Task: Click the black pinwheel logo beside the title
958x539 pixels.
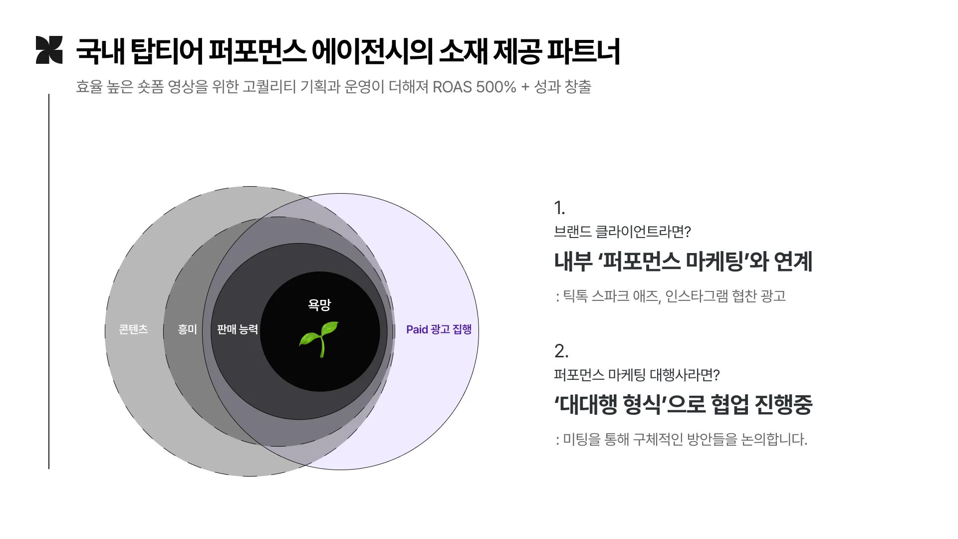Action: [x=49, y=50]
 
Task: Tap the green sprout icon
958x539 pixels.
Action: [x=319, y=338]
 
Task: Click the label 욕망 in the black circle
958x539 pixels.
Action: [x=319, y=304]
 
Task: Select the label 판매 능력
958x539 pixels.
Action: [x=238, y=329]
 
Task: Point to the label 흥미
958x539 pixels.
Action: [x=188, y=329]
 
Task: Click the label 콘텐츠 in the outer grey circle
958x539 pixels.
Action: [x=133, y=329]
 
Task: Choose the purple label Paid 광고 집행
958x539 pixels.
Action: [x=439, y=329]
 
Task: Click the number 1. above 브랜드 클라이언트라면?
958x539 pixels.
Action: [x=559, y=208]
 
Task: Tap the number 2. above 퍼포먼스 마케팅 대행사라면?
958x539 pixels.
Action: [x=561, y=351]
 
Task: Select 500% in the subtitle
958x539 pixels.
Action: [x=496, y=87]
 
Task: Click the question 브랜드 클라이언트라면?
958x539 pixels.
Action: [x=622, y=232]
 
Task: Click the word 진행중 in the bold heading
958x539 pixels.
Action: [x=784, y=404]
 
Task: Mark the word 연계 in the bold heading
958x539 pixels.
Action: [x=793, y=261]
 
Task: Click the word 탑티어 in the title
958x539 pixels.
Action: [x=167, y=51]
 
